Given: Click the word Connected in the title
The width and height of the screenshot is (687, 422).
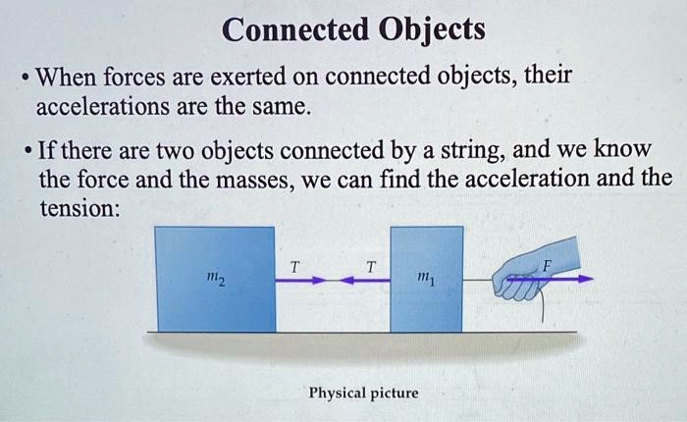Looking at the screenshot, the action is [x=295, y=29].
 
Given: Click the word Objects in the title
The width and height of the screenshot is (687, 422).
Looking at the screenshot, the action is [x=432, y=30].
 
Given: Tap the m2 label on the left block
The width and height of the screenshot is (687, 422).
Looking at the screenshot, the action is [x=216, y=279].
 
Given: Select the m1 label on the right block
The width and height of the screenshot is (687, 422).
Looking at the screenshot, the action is [x=426, y=278].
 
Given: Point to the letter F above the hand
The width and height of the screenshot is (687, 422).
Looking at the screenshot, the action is [x=547, y=266].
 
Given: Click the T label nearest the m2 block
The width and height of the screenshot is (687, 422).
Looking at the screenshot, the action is [x=294, y=266].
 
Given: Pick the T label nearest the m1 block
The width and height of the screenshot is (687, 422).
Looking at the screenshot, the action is [x=371, y=266].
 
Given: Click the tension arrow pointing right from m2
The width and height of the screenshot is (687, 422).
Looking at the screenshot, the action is [x=301, y=280].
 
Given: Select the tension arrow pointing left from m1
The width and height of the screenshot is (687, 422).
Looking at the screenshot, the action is [x=365, y=280].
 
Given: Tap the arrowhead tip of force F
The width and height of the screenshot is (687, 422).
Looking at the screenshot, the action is [x=593, y=279].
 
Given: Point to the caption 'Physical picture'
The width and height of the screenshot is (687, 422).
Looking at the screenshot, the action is [x=364, y=394].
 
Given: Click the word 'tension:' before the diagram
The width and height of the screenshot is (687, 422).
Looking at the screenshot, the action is [x=79, y=208].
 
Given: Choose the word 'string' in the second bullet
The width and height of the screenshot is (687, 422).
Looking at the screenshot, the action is [x=472, y=151].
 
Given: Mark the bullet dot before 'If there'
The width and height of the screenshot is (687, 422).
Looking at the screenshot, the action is [x=28, y=152].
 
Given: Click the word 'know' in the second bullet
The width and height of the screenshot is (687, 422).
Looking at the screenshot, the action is [x=622, y=148].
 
